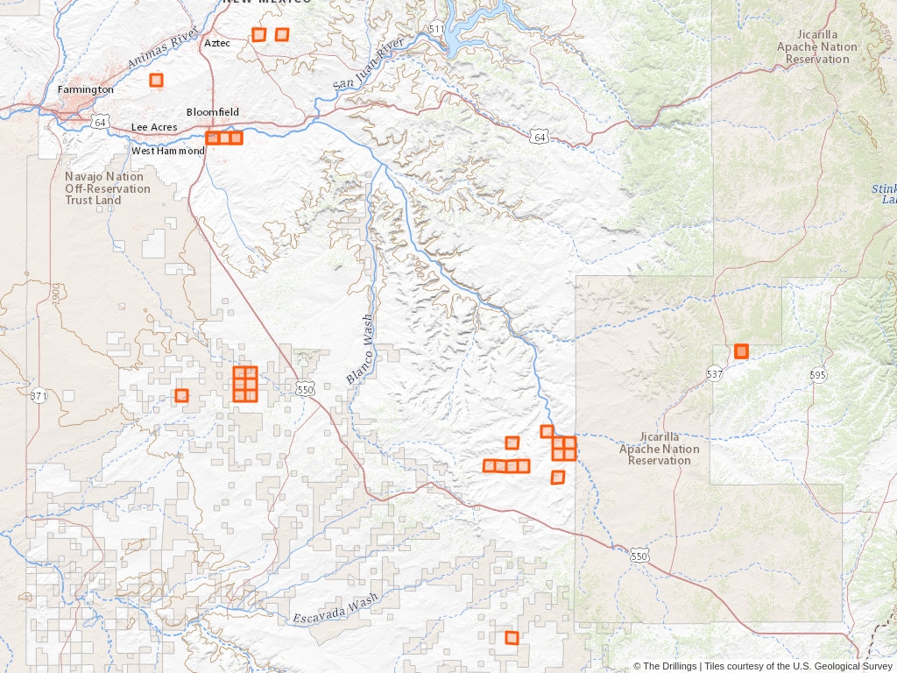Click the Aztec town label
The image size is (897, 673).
click(217, 43)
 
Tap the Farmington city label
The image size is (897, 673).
click(85, 89)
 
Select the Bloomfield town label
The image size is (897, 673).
click(212, 112)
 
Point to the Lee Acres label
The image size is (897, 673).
click(154, 127)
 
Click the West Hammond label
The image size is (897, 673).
click(168, 151)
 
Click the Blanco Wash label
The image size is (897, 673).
click(358, 349)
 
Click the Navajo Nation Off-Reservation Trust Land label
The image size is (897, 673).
click(107, 188)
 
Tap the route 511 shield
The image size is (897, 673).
click(436, 30)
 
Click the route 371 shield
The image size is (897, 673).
click(39, 396)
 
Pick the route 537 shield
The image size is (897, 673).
click(715, 374)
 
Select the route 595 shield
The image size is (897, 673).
click(817, 375)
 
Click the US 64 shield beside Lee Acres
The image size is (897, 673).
click(101, 122)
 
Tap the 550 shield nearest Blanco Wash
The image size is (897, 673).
click(304, 389)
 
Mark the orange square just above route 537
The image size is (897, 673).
click(741, 351)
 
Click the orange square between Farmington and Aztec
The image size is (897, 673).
click(156, 80)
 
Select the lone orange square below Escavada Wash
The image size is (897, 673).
click(512, 637)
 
